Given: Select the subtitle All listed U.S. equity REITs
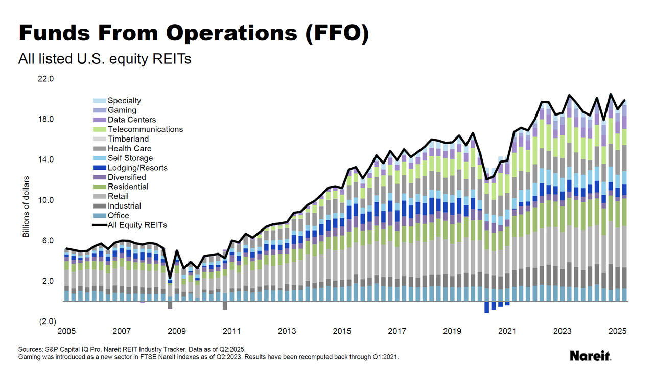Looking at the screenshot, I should point(105,59).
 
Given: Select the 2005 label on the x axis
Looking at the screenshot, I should point(66,331).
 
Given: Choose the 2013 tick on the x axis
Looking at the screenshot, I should point(287,331).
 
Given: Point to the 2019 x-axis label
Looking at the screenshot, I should point(453,331).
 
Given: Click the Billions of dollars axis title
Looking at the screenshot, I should point(26,206).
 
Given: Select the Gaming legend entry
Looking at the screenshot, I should point(122,110).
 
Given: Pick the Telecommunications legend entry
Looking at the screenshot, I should point(145,129).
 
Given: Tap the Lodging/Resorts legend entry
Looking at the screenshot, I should point(137,168).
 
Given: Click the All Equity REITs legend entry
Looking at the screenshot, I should point(137,225).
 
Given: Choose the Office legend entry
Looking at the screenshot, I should point(118,216).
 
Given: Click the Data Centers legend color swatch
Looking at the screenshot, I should point(99,120).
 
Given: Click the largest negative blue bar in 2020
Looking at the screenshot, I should point(487,307).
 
